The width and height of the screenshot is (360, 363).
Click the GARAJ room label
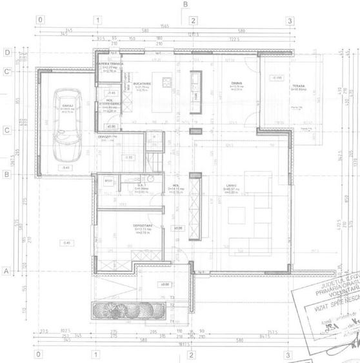click(66, 105)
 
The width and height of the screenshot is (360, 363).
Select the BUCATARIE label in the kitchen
click(142, 84)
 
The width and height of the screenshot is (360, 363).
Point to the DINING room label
click(236, 84)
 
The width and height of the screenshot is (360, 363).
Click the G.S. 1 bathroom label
click(143, 185)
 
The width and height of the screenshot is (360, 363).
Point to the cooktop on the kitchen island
click(166, 82)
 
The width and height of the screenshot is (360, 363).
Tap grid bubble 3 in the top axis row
click(290, 21)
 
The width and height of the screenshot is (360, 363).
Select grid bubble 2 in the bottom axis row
click(191, 354)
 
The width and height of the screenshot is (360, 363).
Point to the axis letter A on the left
click(6, 271)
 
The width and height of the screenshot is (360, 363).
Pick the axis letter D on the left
click(6, 52)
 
